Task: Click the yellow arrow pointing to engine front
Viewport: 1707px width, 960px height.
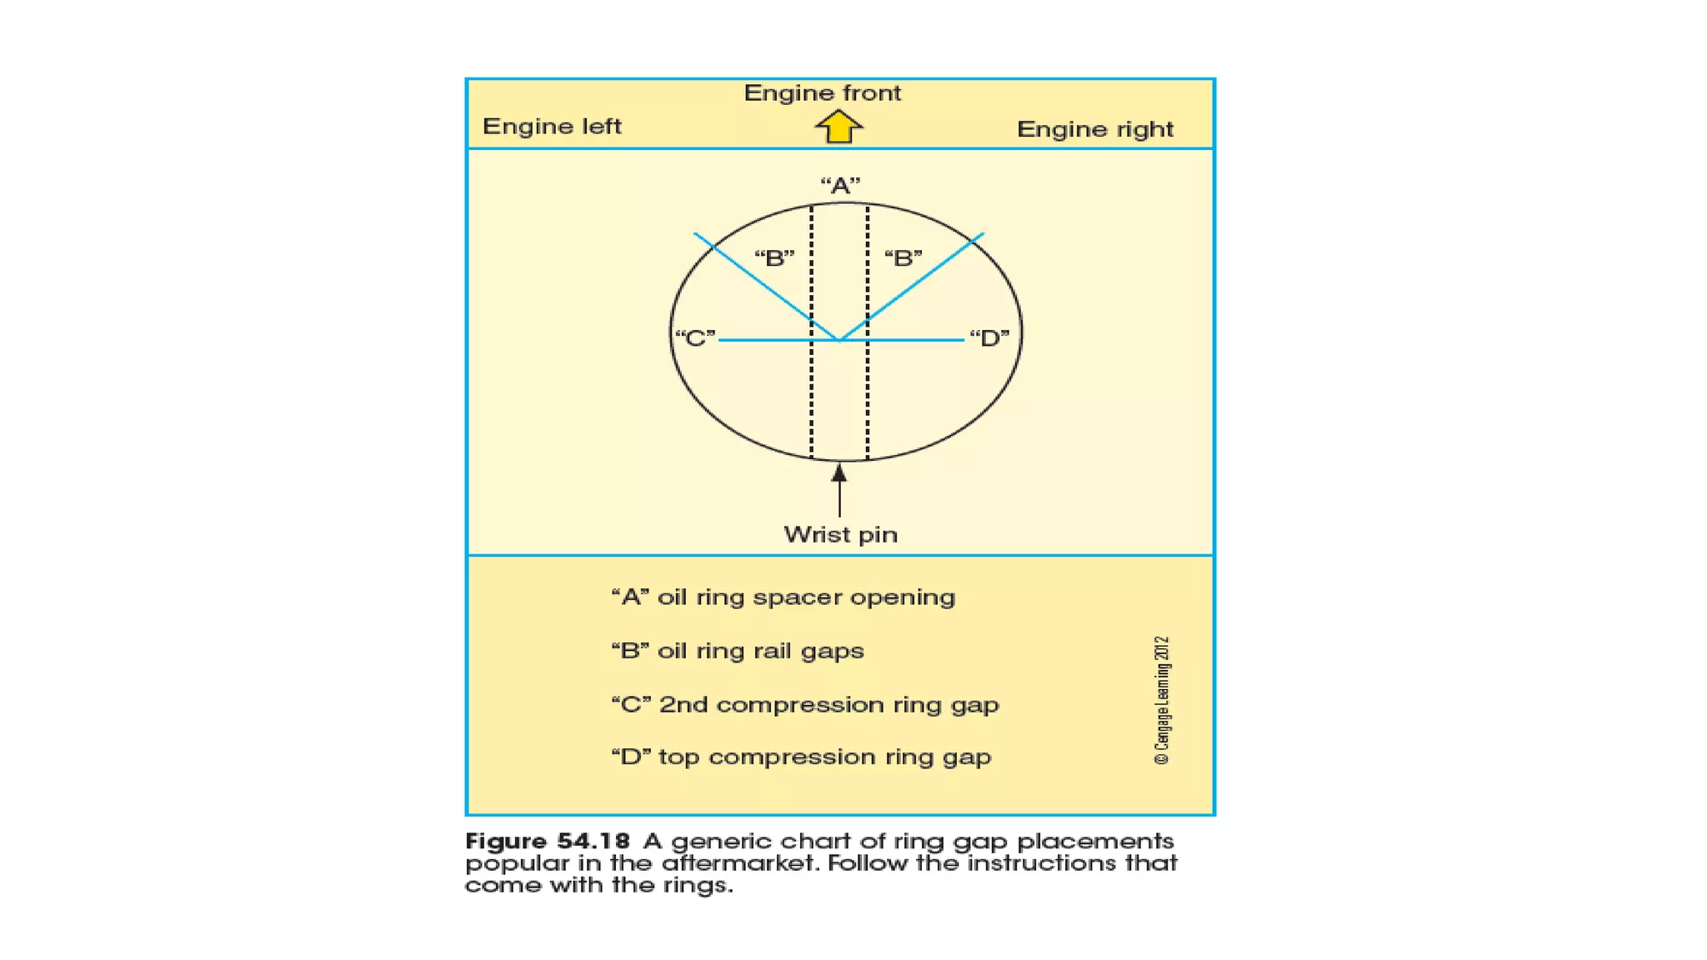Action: coord(838,127)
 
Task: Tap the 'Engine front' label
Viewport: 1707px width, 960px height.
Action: coord(822,92)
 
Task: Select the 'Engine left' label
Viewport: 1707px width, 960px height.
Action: coord(552,126)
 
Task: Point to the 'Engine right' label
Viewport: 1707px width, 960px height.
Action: coord(1094,129)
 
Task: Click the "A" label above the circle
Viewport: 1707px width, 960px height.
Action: coord(840,185)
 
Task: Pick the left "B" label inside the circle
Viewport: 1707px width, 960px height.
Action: coord(774,257)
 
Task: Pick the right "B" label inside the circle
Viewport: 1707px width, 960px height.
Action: coord(904,257)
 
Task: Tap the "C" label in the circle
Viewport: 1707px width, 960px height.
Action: coord(695,337)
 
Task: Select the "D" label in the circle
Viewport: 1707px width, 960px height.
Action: coord(989,337)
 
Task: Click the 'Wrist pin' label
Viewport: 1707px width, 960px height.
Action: coord(840,534)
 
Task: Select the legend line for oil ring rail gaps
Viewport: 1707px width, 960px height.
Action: coord(737,650)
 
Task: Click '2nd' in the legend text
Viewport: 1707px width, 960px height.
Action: coord(683,704)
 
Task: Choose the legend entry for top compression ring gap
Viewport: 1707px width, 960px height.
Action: coord(800,757)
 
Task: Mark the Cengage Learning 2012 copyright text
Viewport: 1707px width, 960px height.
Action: coord(1162,700)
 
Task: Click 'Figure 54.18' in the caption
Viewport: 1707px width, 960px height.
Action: coord(547,841)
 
